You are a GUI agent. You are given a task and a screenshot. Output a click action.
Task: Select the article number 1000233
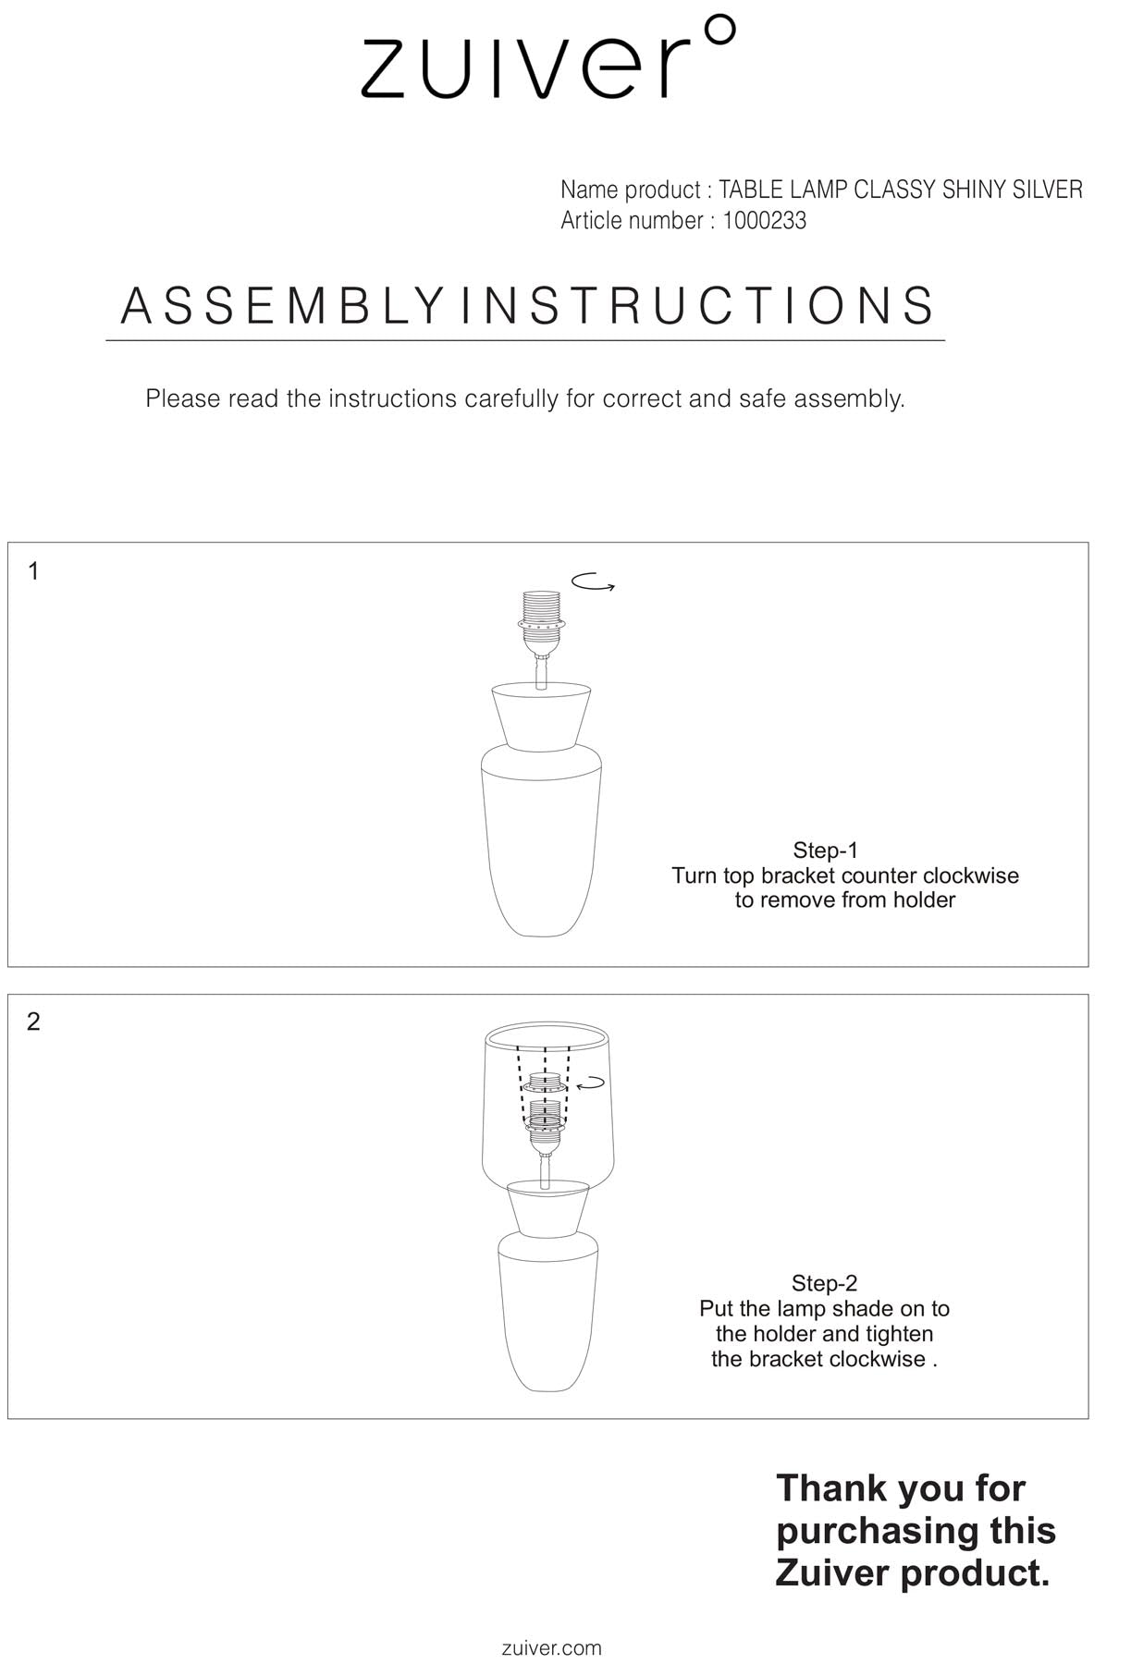coord(764,221)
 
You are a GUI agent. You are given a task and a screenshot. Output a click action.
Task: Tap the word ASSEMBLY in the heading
coord(282,306)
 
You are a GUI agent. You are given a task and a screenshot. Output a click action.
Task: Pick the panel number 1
coord(33,571)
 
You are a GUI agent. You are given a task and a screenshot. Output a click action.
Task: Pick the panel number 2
coord(33,1022)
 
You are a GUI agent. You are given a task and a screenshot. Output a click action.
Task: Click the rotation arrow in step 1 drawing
coord(593,582)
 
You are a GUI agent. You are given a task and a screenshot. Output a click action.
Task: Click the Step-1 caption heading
coord(825,850)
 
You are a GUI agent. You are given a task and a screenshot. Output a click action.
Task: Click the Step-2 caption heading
coord(824,1283)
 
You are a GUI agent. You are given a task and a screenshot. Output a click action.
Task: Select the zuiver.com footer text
coord(551,1647)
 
